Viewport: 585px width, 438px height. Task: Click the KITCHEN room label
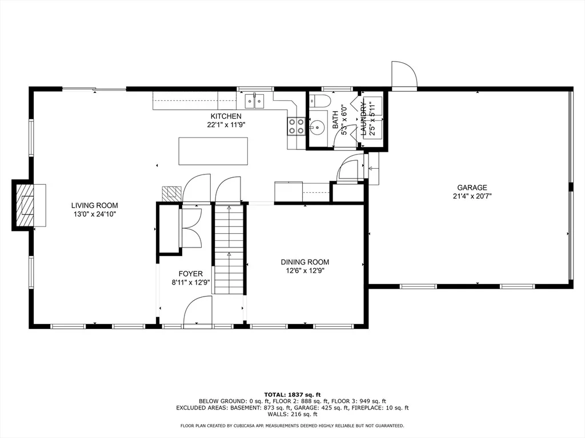[226, 116]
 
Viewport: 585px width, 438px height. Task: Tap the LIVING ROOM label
[95, 205]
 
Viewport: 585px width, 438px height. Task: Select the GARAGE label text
[472, 188]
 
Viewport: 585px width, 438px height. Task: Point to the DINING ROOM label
[305, 262]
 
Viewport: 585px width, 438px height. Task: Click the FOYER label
[191, 274]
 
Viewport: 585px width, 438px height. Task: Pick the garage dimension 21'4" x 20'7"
[472, 196]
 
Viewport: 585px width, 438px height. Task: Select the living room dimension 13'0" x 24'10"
[95, 214]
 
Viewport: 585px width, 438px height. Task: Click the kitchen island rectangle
[214, 151]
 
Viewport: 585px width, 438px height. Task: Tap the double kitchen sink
[254, 100]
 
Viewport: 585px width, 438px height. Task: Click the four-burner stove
[296, 126]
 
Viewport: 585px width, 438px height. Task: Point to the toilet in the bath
[320, 101]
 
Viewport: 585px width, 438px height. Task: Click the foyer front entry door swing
[198, 311]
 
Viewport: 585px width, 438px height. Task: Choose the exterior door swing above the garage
[404, 75]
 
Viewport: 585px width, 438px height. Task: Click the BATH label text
[335, 120]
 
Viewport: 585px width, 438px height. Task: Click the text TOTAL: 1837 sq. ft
[292, 395]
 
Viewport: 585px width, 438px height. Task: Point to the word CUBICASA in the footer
[246, 425]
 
